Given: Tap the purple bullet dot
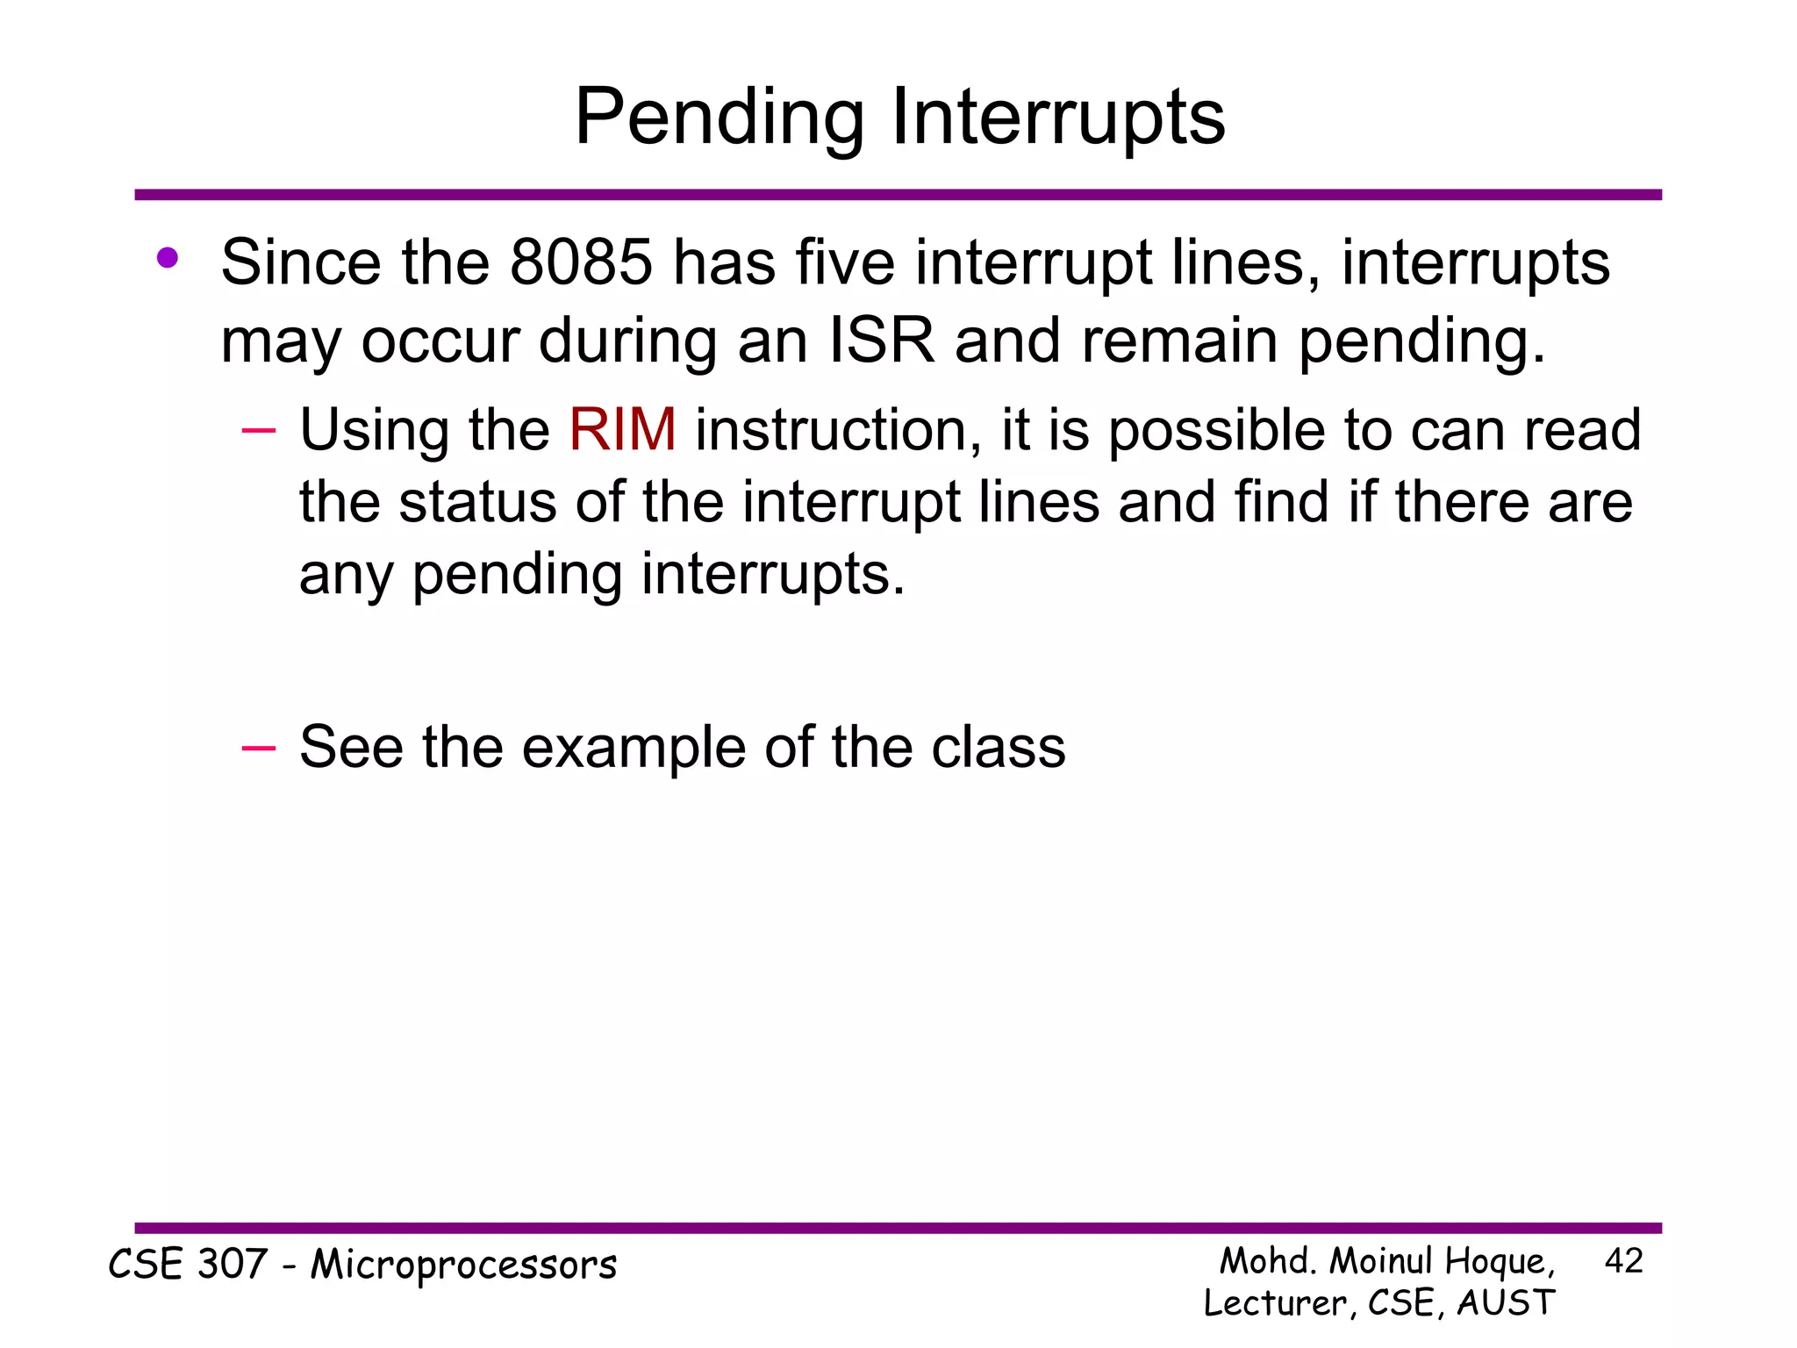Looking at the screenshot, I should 168,258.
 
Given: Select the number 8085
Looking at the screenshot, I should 581,262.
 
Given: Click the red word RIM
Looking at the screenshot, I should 622,430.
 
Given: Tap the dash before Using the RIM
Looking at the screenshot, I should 258,430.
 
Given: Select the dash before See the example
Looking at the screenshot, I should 258,747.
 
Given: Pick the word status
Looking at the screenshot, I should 478,502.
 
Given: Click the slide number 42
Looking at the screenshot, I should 1623,1261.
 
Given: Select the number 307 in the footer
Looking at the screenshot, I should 233,1265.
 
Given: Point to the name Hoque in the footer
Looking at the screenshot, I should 1499,1262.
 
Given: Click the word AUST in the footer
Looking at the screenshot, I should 1506,1303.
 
